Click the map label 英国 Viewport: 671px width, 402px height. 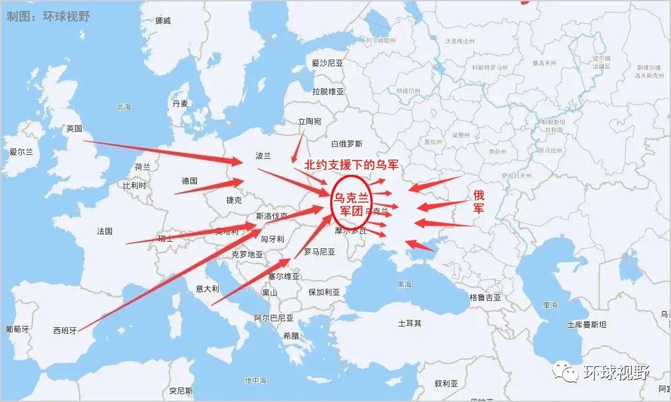tap(74, 128)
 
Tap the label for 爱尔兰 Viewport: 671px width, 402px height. tap(21, 152)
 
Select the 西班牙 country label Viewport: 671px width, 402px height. tap(65, 330)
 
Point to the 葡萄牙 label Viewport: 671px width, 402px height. tap(17, 329)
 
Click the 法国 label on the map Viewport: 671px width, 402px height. tap(105, 231)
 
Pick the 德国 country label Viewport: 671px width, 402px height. tap(190, 181)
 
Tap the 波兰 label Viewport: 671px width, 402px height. tap(263, 156)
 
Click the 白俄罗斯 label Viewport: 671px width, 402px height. tap(347, 144)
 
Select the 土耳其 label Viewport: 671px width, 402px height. tap(409, 323)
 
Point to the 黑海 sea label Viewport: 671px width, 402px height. tap(404, 285)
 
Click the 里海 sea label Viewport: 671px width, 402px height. tap(550, 305)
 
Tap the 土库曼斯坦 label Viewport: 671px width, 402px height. tap(586, 325)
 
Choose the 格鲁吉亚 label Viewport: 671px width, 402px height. tap(485, 297)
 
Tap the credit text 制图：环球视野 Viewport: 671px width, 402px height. tap(48, 16)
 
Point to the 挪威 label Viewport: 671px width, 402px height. tap(162, 21)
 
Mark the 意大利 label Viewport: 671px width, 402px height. tap(207, 289)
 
